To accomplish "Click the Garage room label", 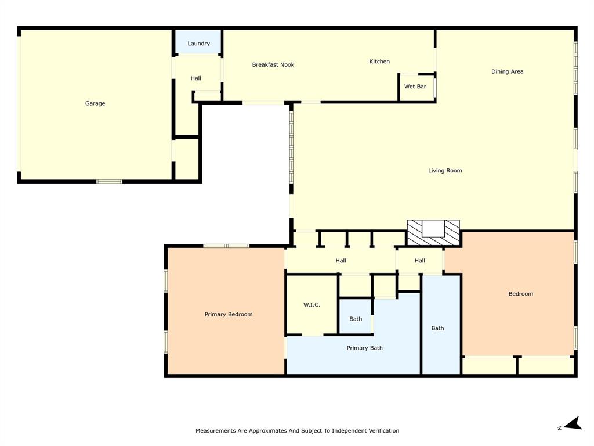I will coord(95,103).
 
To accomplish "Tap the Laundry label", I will coord(198,44).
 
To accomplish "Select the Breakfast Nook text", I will coord(273,64).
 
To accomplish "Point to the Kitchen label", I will coord(379,62).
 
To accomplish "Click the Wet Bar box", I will coord(415,87).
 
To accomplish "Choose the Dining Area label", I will coord(507,71).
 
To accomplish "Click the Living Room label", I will coord(445,171).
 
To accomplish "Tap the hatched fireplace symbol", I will coord(433,233).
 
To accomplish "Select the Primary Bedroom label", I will coord(229,314).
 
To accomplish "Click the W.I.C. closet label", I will coord(312,305).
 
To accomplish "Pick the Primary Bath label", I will coord(364,348).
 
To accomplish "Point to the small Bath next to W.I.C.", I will coord(356,319).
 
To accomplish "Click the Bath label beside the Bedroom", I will coord(437,328).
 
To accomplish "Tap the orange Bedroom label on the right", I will coord(520,294).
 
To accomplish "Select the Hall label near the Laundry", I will coord(196,78).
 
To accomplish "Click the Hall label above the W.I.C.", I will coord(341,261).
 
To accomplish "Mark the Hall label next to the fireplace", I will coord(419,261).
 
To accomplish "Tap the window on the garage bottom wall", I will coord(109,182).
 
